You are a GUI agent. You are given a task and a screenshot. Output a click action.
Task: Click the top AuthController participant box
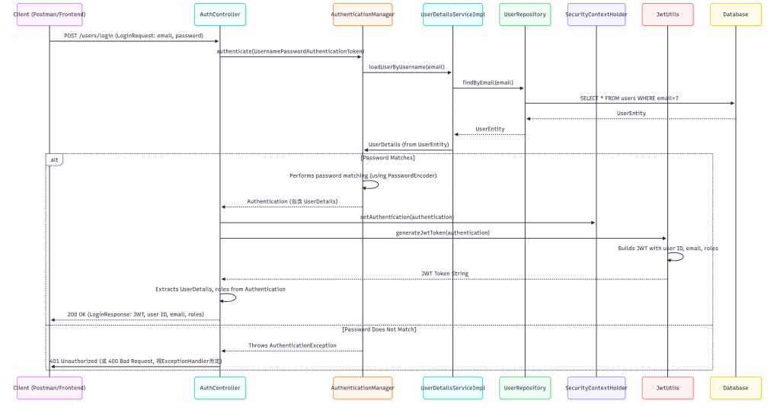click(x=220, y=14)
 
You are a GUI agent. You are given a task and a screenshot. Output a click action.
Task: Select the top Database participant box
click(x=735, y=14)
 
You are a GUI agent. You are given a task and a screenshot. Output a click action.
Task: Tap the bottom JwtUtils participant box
click(x=667, y=387)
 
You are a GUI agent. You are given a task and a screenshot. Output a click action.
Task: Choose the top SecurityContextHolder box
click(x=596, y=14)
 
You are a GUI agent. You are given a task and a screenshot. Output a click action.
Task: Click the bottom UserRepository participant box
click(x=525, y=387)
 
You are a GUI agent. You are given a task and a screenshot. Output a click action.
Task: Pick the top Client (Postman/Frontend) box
click(x=49, y=14)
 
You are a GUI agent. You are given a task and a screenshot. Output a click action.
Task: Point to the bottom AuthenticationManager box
click(x=363, y=387)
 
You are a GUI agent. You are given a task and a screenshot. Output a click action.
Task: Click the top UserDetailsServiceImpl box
click(x=452, y=14)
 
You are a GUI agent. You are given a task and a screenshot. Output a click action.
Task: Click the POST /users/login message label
click(x=134, y=35)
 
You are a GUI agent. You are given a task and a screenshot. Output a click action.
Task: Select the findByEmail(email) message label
click(x=487, y=82)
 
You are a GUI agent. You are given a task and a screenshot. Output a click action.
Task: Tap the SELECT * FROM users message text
click(x=629, y=98)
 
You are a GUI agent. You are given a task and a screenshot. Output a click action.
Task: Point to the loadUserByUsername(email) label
click(x=407, y=66)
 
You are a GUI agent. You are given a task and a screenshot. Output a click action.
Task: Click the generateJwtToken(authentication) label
click(x=443, y=233)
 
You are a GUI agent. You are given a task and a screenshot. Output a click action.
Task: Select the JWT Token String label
click(x=445, y=273)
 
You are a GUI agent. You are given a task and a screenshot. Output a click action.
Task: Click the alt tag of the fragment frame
click(x=54, y=159)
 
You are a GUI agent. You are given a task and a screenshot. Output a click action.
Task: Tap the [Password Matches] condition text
click(x=388, y=158)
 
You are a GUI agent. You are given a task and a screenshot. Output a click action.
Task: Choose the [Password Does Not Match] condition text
click(x=379, y=329)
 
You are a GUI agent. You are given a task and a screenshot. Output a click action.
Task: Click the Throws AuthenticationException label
click(x=292, y=345)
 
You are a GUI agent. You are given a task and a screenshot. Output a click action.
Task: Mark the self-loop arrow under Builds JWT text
click(x=677, y=257)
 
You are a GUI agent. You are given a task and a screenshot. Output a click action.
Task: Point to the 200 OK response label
click(x=136, y=314)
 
